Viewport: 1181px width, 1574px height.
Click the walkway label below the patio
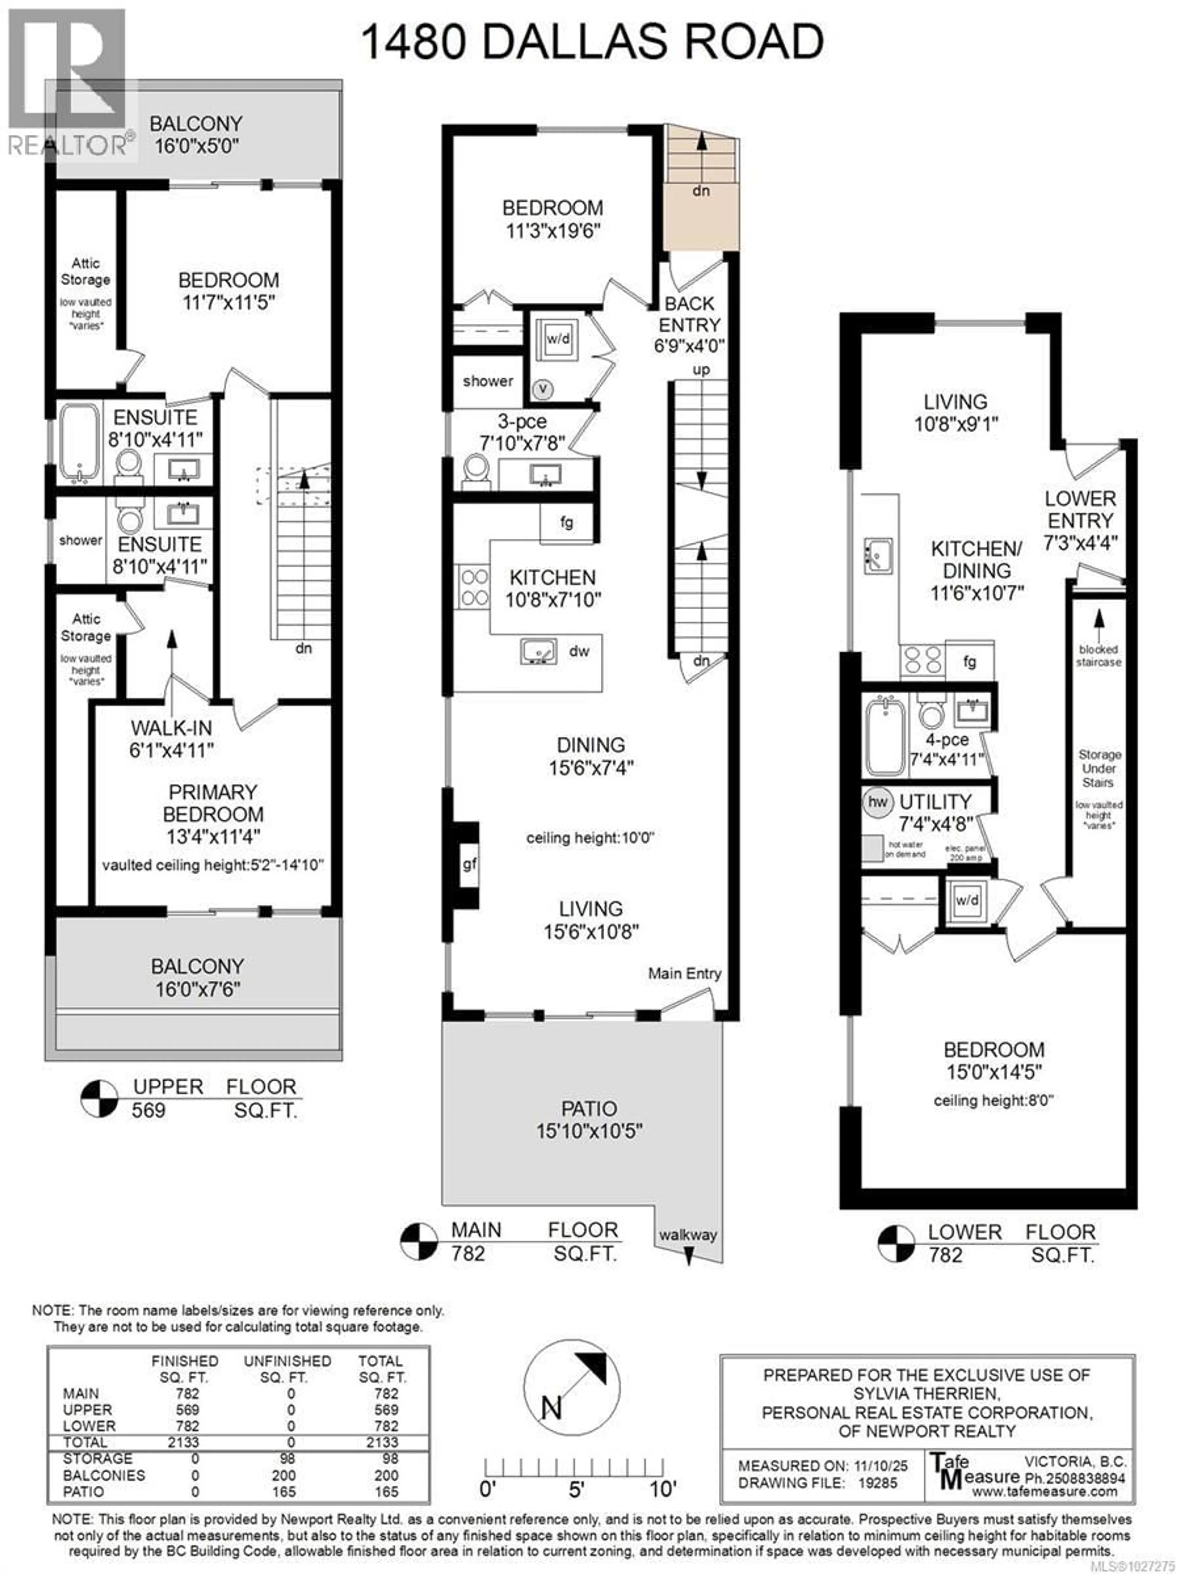[687, 1235]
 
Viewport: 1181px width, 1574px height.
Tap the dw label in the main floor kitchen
[579, 651]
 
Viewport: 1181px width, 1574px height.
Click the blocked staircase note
[1099, 655]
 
